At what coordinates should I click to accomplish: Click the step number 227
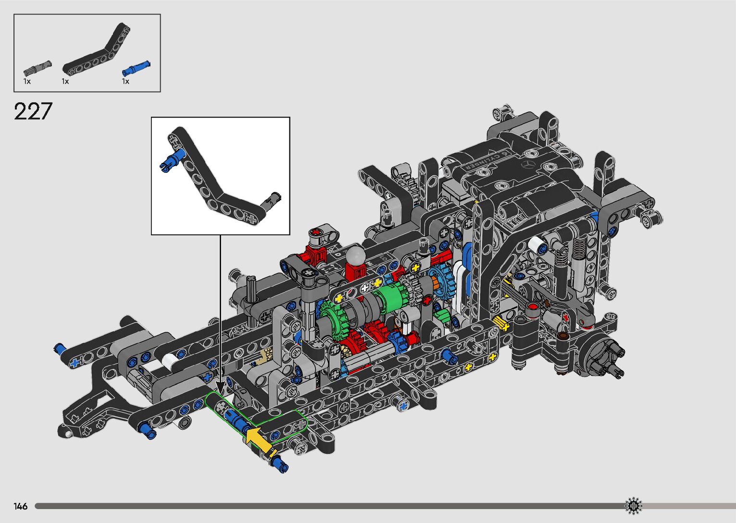point(33,111)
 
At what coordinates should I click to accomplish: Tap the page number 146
point(20,506)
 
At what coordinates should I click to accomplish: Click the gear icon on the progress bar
point(633,506)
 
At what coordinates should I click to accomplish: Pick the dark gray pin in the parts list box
point(37,68)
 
